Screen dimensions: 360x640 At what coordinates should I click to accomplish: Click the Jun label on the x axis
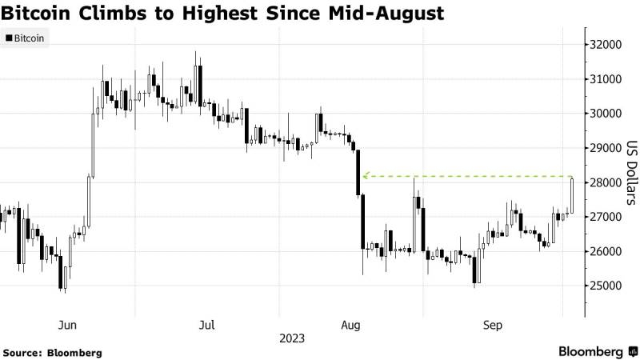point(68,325)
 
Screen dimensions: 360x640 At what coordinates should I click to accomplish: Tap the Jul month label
point(206,325)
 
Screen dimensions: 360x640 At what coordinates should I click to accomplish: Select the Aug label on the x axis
point(350,325)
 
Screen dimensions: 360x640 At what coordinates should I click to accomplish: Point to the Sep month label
point(493,325)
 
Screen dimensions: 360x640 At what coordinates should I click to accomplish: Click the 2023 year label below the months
point(292,338)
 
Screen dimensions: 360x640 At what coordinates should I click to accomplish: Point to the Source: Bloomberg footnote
point(52,352)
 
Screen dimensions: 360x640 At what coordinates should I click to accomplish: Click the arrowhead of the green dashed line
point(365,176)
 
